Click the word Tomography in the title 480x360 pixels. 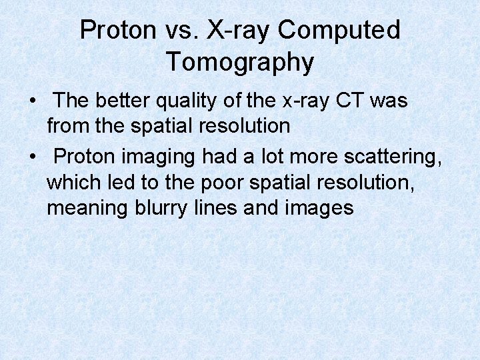tap(240, 62)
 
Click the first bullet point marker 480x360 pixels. tap(32, 102)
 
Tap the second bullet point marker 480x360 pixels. tap(32, 157)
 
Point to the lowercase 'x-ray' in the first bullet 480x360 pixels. tap(303, 101)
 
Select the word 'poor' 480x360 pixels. tap(221, 182)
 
